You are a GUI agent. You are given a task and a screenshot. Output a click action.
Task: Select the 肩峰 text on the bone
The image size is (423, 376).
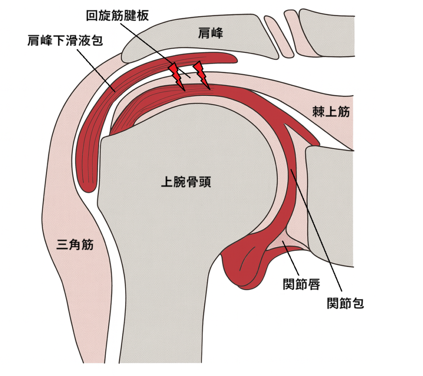pos(210,34)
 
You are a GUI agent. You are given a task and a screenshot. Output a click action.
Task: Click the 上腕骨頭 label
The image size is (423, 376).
pos(185,182)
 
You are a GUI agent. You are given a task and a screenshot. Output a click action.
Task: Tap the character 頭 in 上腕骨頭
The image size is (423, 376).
pos(204,182)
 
